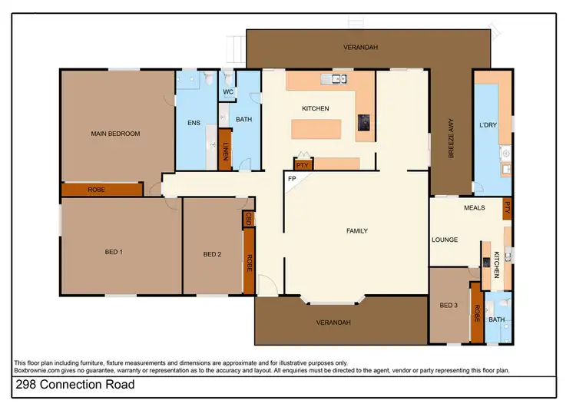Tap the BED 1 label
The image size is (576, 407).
click(x=114, y=252)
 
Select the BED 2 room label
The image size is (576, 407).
click(x=212, y=254)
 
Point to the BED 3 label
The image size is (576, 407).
click(x=449, y=306)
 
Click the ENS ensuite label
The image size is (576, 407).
click(x=194, y=122)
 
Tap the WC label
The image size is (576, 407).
click(x=228, y=92)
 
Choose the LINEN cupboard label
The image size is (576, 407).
click(x=226, y=151)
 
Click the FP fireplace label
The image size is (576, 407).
click(x=292, y=179)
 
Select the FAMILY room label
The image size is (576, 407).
click(x=356, y=230)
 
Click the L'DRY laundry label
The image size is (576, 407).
click(x=486, y=124)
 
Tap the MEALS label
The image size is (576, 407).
click(x=474, y=207)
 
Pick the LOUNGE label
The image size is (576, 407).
click(x=445, y=240)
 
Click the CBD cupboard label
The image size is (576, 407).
click(x=249, y=219)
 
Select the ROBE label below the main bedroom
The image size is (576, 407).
click(x=97, y=189)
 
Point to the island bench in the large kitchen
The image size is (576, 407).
click(x=316, y=128)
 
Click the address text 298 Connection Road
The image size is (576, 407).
click(x=74, y=384)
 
